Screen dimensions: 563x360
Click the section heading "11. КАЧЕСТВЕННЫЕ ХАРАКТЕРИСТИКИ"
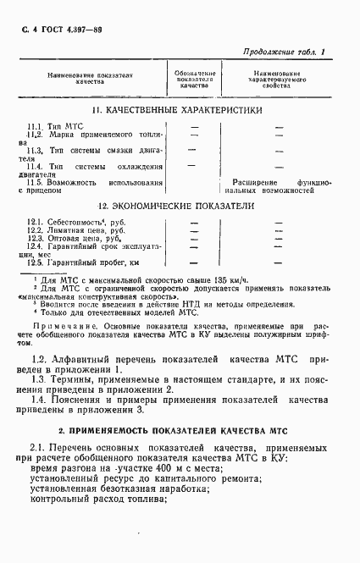pyautogui.click(x=178, y=111)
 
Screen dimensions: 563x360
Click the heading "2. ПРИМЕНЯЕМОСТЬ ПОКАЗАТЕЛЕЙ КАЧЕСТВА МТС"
pyautogui.click(x=179, y=431)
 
